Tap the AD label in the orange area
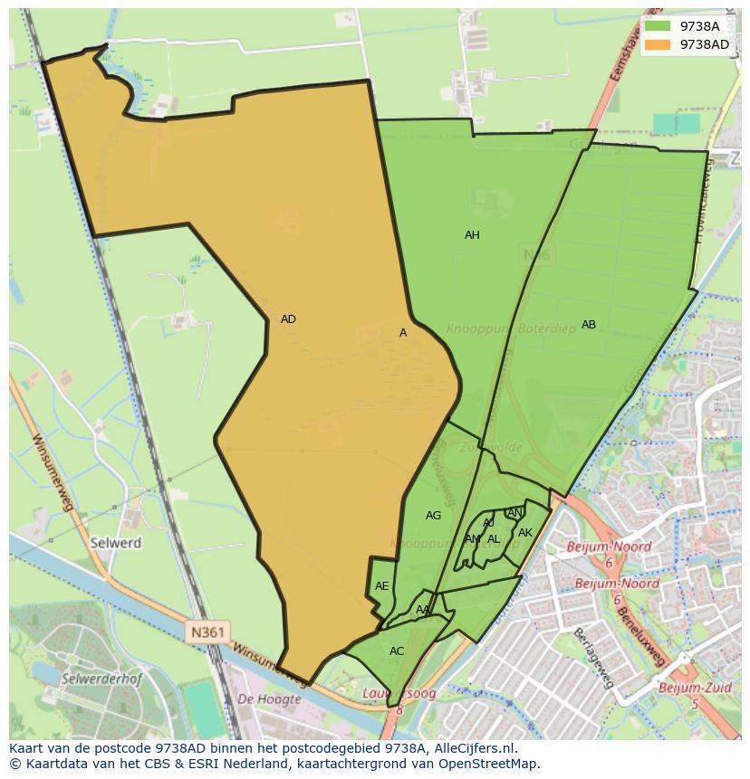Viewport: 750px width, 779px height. tap(288, 319)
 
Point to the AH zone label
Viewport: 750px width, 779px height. tap(472, 235)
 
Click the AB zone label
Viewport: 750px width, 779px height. tap(589, 325)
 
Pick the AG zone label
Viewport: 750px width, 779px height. tap(433, 516)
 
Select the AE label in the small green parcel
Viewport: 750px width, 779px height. tap(382, 586)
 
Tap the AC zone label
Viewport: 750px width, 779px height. tap(397, 651)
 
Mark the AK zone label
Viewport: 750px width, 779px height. tap(525, 533)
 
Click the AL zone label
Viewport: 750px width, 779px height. tap(494, 539)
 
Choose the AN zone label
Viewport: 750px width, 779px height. tap(514, 513)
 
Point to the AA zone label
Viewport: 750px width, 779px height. tap(423, 610)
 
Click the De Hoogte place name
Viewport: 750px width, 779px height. tap(269, 699)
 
